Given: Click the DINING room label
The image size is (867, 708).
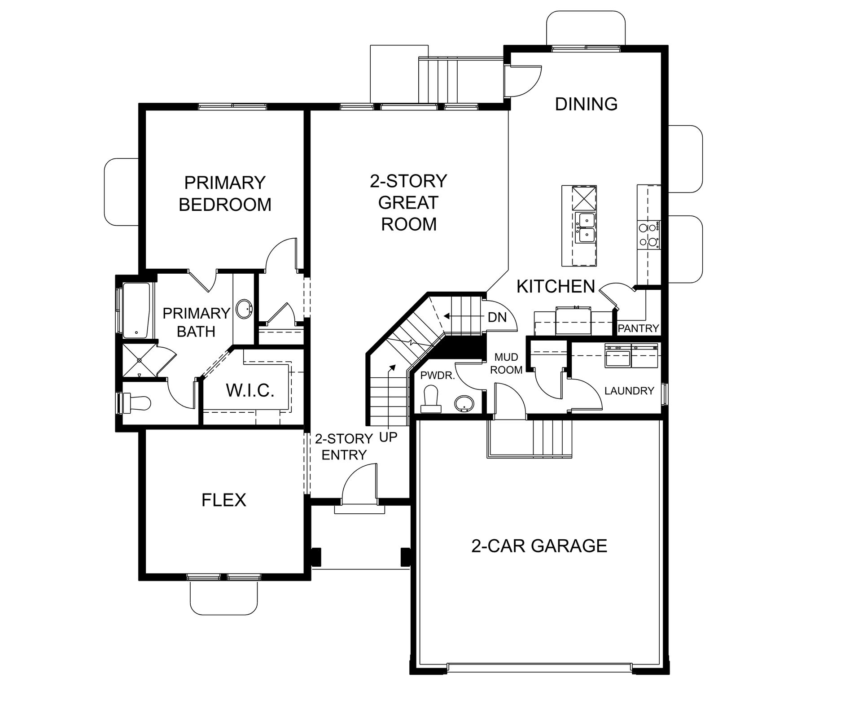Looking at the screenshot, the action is (586, 104).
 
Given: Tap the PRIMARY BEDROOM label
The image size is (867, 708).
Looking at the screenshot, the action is (225, 194).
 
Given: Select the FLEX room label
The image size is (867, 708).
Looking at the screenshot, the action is (224, 500).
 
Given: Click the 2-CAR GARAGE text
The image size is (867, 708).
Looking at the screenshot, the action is (539, 546).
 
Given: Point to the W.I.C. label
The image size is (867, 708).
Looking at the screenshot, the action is (250, 390).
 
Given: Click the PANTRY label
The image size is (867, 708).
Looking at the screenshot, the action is (638, 328).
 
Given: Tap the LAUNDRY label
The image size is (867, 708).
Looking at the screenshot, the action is (629, 391).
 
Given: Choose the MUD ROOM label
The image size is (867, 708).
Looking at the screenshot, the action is (506, 363).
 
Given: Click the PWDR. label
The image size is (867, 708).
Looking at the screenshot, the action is (438, 376).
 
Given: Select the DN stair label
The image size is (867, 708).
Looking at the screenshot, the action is (497, 318).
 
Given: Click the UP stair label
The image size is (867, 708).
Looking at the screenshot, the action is (388, 437).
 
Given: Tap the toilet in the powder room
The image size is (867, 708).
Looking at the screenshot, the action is (431, 399).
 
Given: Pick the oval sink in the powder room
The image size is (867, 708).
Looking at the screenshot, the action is (464, 404).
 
